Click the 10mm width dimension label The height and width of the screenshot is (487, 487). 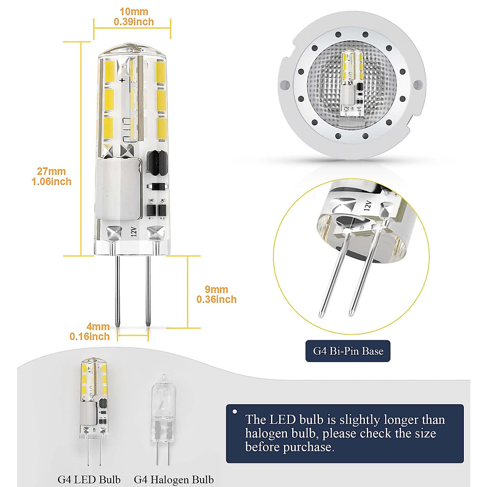tap(134, 12)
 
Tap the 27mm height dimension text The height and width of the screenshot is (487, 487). tap(51, 171)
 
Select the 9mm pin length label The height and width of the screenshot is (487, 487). tap(216, 289)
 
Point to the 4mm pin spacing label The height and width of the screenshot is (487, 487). tap(98, 326)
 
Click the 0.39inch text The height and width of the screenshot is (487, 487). tap(134, 22)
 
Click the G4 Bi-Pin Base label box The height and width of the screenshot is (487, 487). tap(348, 351)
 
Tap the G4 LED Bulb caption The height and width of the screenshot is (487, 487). tap(89, 479)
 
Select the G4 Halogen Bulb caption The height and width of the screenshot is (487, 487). tap(174, 480)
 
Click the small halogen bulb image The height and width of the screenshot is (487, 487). tap(161, 418)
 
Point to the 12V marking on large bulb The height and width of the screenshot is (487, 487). tap(134, 232)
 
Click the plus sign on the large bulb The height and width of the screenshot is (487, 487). tap(122, 80)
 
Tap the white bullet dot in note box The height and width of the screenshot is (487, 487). tap(235, 412)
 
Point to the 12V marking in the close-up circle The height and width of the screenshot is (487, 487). tap(368, 205)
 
